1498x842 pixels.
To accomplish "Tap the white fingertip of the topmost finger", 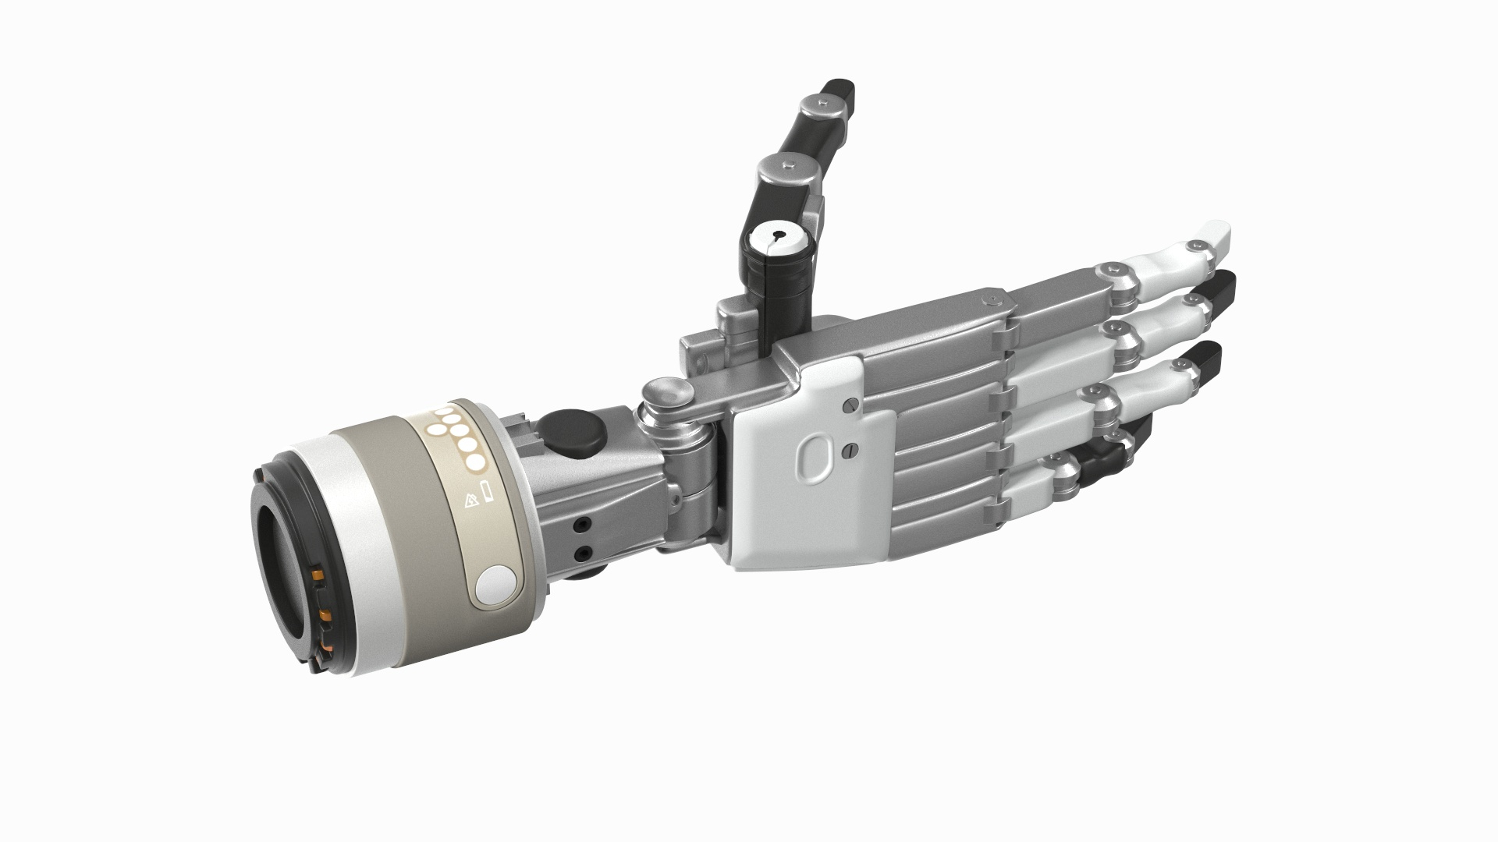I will click(x=1211, y=232).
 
